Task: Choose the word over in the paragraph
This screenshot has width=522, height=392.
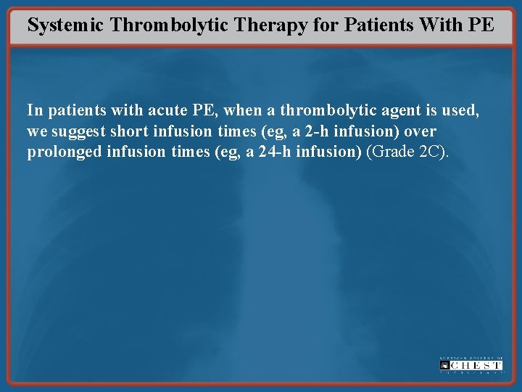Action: [419, 133]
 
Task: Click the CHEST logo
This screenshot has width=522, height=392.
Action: [471, 365]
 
